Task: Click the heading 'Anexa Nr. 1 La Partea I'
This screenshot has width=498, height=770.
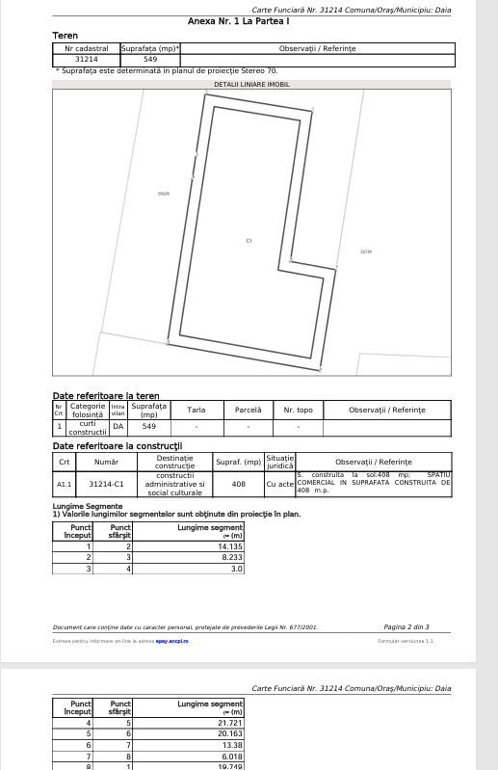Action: [x=238, y=20]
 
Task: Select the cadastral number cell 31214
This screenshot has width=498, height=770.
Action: [x=86, y=60]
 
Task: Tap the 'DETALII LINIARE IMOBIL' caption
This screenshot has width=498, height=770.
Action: [x=250, y=84]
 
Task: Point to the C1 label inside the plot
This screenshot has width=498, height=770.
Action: [x=249, y=240]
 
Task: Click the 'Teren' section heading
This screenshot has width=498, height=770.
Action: [x=65, y=36]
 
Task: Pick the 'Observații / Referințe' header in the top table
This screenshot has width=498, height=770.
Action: [x=317, y=48]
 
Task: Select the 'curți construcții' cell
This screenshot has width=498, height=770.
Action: [x=87, y=428]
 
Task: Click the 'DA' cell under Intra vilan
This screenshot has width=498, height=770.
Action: [x=118, y=426]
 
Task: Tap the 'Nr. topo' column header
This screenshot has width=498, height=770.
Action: [x=298, y=411]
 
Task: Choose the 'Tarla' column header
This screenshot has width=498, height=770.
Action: [x=196, y=411]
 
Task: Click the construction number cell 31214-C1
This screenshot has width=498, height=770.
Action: [x=106, y=484]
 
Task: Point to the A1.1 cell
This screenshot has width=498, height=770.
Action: [x=64, y=484]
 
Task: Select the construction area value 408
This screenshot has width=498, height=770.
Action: [x=238, y=484]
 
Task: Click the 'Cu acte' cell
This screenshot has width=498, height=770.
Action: [x=279, y=484]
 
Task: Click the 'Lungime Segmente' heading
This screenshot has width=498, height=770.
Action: [x=87, y=506]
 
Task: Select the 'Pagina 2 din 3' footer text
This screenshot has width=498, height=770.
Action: [x=406, y=627]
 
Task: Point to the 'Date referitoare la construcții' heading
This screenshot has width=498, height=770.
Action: [x=117, y=446]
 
